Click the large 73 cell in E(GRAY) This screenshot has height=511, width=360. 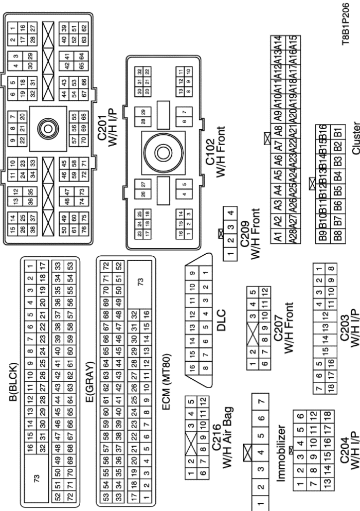pos(140,281)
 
